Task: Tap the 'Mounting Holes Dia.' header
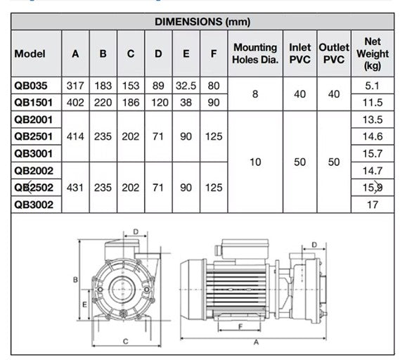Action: point(255,53)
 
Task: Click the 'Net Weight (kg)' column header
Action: point(372,53)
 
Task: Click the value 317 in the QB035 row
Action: point(75,86)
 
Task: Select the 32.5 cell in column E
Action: point(186,86)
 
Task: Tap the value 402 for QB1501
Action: point(75,103)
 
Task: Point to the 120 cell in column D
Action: point(158,103)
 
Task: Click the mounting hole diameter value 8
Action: point(255,94)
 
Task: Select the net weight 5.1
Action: point(372,86)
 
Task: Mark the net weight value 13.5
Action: point(372,120)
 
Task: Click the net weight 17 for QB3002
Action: point(372,205)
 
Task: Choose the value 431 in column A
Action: point(75,188)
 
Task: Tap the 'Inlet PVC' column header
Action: point(300,53)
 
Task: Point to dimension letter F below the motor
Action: point(241,326)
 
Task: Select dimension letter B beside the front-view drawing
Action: point(74,279)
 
